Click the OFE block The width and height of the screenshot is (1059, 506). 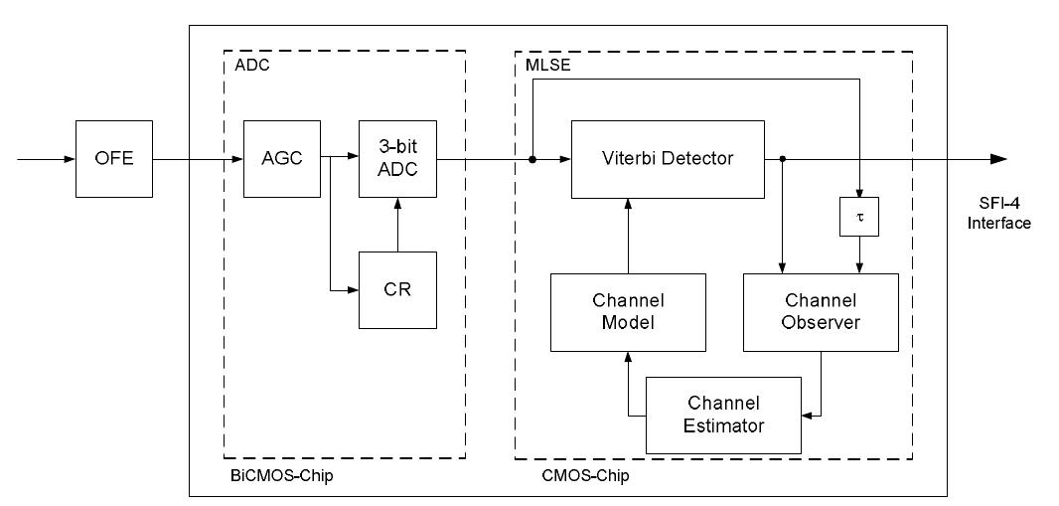(x=114, y=159)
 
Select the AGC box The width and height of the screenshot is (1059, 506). (x=283, y=159)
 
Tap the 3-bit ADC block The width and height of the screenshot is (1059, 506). (x=397, y=159)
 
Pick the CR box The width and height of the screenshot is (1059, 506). (x=397, y=289)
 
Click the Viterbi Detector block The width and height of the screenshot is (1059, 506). (x=668, y=159)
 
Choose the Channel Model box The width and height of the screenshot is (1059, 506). (x=628, y=311)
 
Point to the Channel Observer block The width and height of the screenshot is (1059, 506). (x=821, y=311)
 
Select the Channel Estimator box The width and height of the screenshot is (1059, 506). (x=724, y=414)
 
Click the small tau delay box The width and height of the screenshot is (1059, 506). (x=860, y=217)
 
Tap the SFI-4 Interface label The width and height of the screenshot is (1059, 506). (x=999, y=214)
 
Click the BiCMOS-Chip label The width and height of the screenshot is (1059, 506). (x=282, y=475)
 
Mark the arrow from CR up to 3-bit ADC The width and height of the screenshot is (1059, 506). (x=397, y=224)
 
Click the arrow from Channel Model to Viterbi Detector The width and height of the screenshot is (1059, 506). (x=628, y=235)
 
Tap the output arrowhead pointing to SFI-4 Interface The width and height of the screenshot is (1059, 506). (x=997, y=159)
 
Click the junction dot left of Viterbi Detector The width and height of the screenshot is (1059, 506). (x=532, y=159)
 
